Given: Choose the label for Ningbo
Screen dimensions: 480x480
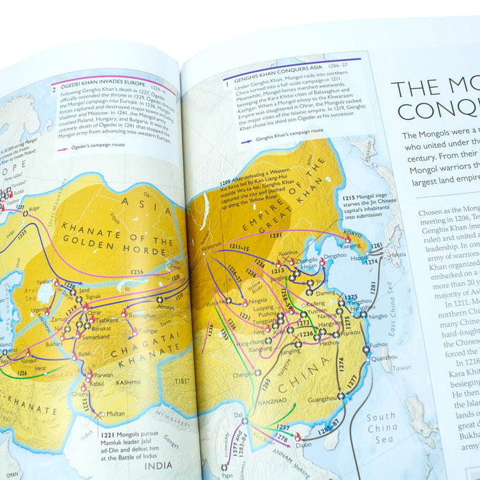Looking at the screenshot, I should coord(379,316).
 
